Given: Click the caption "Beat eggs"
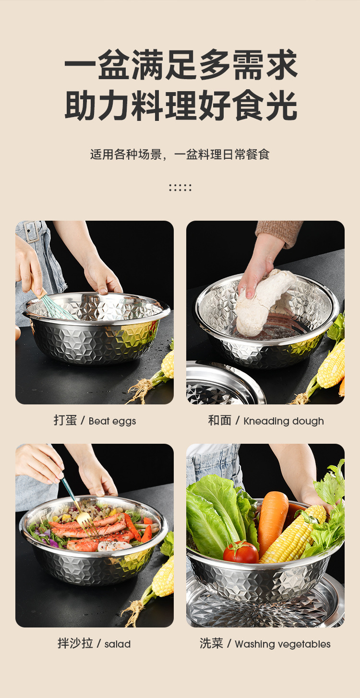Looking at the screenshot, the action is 112,421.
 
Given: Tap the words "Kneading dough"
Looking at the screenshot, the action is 284,421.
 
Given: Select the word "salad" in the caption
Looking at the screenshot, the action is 118,644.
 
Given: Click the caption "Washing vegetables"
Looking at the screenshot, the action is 283,644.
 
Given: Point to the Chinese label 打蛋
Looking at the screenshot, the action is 65,420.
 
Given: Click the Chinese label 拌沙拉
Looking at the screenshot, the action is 75,643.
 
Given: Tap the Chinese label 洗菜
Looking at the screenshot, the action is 211,643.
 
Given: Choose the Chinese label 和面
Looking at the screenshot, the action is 219,420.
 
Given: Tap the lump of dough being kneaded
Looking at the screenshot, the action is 264,302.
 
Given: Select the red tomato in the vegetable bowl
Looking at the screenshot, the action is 240,552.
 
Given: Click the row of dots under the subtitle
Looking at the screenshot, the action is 180,187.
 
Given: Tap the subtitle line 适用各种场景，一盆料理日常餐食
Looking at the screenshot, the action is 180,154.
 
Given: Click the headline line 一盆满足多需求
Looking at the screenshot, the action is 181,64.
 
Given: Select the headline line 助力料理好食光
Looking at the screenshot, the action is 181,105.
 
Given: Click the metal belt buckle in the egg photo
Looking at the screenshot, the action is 31,231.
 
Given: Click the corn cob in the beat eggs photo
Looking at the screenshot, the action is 168,364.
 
